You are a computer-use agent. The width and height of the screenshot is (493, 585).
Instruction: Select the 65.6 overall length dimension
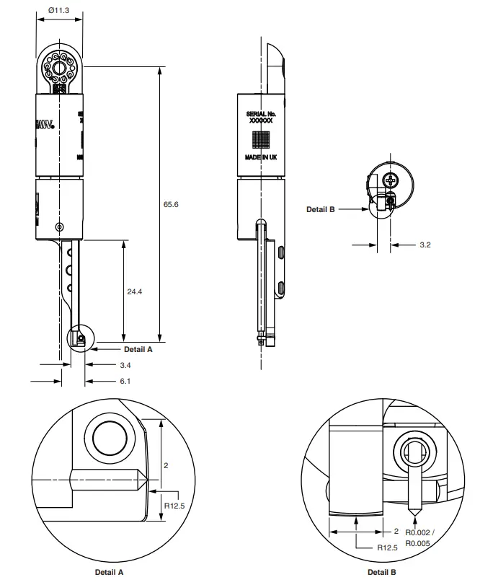click(171, 205)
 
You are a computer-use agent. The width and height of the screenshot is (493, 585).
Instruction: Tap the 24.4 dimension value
click(134, 292)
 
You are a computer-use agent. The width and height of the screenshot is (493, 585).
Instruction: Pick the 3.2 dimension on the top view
click(425, 245)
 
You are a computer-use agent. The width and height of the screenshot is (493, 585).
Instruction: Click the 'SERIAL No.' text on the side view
click(261, 114)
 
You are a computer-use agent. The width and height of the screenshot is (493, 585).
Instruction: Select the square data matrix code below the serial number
click(261, 138)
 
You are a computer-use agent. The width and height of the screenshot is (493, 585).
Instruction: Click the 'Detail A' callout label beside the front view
click(138, 349)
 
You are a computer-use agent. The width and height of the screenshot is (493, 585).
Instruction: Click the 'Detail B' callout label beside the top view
click(321, 209)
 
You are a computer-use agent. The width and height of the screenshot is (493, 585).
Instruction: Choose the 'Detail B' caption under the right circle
click(382, 572)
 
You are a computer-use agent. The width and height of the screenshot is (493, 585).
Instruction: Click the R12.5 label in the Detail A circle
click(175, 506)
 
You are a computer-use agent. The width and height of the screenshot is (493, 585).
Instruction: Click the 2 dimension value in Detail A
click(166, 465)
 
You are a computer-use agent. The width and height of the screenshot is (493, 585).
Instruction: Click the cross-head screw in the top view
click(392, 180)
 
